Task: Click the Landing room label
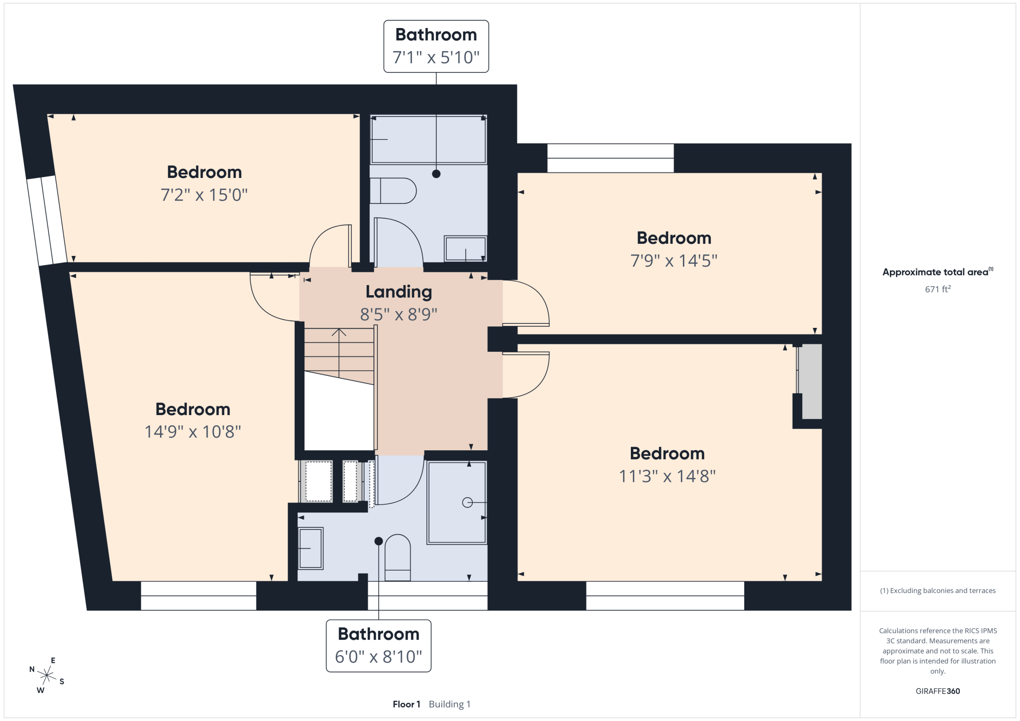[399, 292]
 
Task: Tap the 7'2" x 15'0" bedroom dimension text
[204, 195]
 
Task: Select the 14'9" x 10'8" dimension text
[193, 432]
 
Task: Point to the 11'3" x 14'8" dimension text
[667, 476]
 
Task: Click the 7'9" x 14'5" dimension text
[674, 261]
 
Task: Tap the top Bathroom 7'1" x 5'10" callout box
[436, 46]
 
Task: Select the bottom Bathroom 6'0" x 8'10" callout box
[378, 646]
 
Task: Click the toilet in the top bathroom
[393, 191]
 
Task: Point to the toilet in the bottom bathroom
[398, 557]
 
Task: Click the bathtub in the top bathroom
[428, 139]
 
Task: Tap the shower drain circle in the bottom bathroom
[467, 503]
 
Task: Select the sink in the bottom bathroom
[311, 548]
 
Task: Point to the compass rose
[46, 676]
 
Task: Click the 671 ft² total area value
[938, 289]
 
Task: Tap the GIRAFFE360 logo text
[938, 691]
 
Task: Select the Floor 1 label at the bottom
[406, 704]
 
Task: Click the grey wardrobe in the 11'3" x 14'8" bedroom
[810, 381]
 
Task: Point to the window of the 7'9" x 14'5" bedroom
[610, 158]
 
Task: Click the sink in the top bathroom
[466, 249]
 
